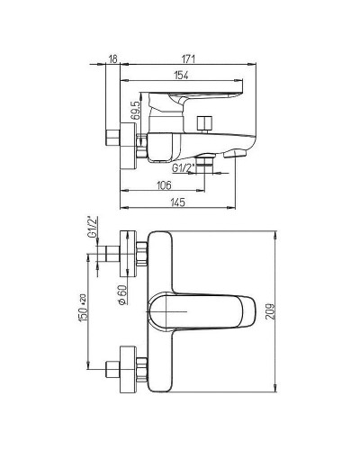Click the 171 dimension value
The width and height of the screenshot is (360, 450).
pyautogui.click(x=188, y=59)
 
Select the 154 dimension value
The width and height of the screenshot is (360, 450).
pyautogui.click(x=182, y=76)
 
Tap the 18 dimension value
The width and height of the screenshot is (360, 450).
pyautogui.click(x=112, y=59)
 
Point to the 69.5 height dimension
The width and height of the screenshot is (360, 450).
pyautogui.click(x=136, y=111)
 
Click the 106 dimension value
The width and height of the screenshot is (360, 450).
pyautogui.click(x=164, y=185)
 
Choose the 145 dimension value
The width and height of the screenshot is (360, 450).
pyautogui.click(x=177, y=202)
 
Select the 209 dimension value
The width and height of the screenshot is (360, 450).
pyautogui.click(x=271, y=312)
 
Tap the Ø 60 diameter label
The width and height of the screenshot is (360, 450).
pyautogui.click(x=122, y=295)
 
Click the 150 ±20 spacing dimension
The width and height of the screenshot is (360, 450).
pyautogui.click(x=83, y=308)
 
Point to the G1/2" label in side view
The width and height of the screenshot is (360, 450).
pyautogui.click(x=182, y=168)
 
